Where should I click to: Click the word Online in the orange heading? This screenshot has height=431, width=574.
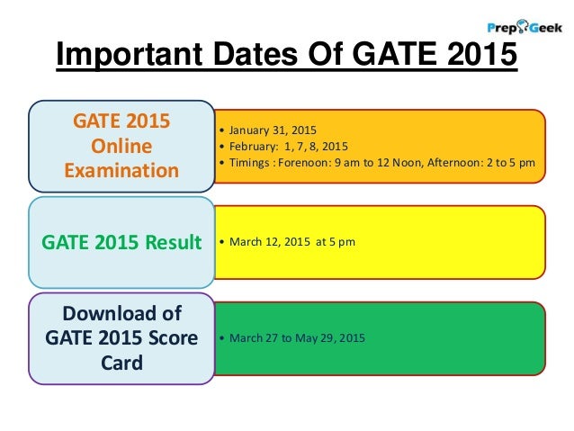121,146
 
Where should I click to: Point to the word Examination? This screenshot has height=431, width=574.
121,169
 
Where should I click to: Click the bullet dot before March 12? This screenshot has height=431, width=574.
220,242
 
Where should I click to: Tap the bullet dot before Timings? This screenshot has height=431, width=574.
220,162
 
